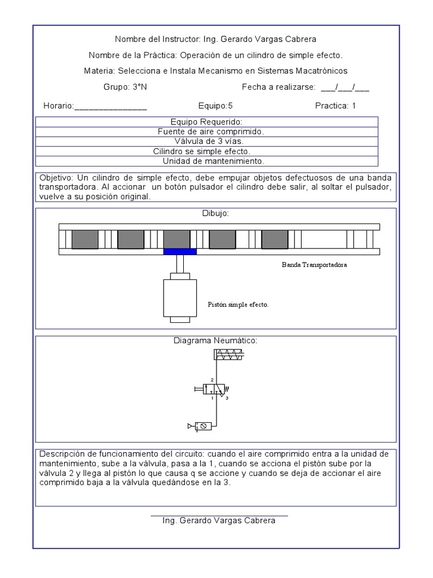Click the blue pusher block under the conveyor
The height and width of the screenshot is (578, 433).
click(x=180, y=252)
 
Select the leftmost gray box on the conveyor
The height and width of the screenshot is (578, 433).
click(x=85, y=239)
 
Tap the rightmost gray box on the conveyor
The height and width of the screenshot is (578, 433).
click(x=275, y=239)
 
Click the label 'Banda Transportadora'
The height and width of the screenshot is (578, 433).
click(x=314, y=265)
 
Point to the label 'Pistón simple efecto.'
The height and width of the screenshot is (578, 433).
click(x=238, y=305)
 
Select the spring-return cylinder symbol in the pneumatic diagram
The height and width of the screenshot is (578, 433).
click(x=228, y=354)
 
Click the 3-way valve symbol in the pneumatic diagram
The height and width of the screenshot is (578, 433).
click(x=216, y=389)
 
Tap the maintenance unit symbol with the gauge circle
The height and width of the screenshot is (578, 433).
click(x=203, y=426)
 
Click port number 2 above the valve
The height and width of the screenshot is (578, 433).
click(x=212, y=380)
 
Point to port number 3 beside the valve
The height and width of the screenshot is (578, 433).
click(x=227, y=399)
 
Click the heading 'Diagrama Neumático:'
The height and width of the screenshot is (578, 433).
click(x=215, y=341)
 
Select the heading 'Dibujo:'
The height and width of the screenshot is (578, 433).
click(x=215, y=213)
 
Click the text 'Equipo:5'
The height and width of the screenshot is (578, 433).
click(x=215, y=106)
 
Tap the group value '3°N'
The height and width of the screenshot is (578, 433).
click(x=140, y=87)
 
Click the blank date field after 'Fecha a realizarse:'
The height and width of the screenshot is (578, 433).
click(x=344, y=87)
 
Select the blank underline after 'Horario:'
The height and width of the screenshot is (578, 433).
click(x=111, y=106)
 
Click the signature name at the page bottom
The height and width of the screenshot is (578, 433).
click(x=219, y=520)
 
